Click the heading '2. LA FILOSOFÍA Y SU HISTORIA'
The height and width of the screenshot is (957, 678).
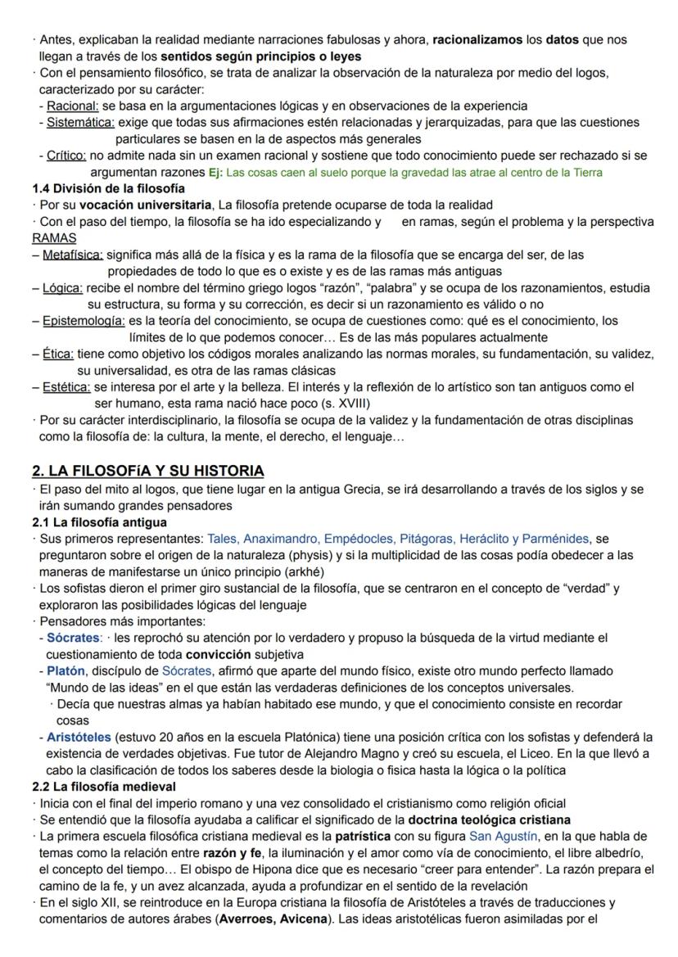pyautogui.click(x=147, y=471)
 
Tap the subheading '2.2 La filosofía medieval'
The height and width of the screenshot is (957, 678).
pyautogui.click(x=101, y=786)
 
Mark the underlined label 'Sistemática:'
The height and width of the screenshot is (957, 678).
pyautogui.click(x=80, y=123)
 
